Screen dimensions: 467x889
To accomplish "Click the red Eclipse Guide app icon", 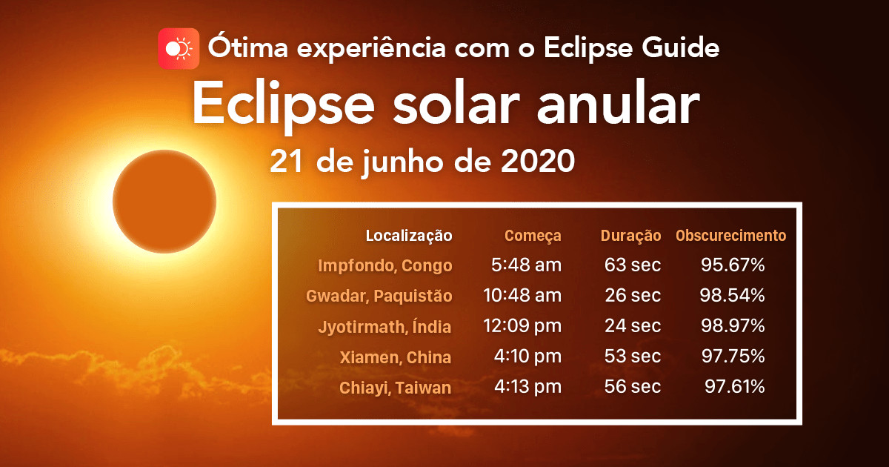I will click(x=179, y=49).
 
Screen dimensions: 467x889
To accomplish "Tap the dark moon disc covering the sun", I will click(x=164, y=201).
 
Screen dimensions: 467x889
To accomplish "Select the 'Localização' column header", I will click(x=409, y=236).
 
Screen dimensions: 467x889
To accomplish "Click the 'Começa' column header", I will click(x=533, y=236).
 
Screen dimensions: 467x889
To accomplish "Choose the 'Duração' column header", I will click(x=630, y=236).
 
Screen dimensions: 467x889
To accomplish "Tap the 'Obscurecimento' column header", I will click(x=730, y=236).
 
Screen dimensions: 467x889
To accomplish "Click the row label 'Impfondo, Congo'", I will click(x=384, y=265).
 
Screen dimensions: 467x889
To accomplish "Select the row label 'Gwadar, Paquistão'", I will click(x=379, y=296).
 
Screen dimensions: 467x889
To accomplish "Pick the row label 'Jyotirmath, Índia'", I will click(x=384, y=326).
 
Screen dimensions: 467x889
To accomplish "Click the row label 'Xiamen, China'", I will click(x=395, y=357).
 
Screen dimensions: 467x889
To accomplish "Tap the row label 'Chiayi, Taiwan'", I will click(x=395, y=387).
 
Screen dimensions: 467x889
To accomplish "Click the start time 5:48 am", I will click(x=526, y=265).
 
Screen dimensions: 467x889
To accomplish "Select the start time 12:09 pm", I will click(x=522, y=326).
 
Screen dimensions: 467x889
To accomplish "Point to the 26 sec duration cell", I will click(x=632, y=296).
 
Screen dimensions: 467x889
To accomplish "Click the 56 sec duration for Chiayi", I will click(x=632, y=387).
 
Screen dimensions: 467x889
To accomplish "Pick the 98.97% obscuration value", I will click(x=732, y=326).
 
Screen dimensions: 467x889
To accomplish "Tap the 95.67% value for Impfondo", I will click(x=733, y=265).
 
